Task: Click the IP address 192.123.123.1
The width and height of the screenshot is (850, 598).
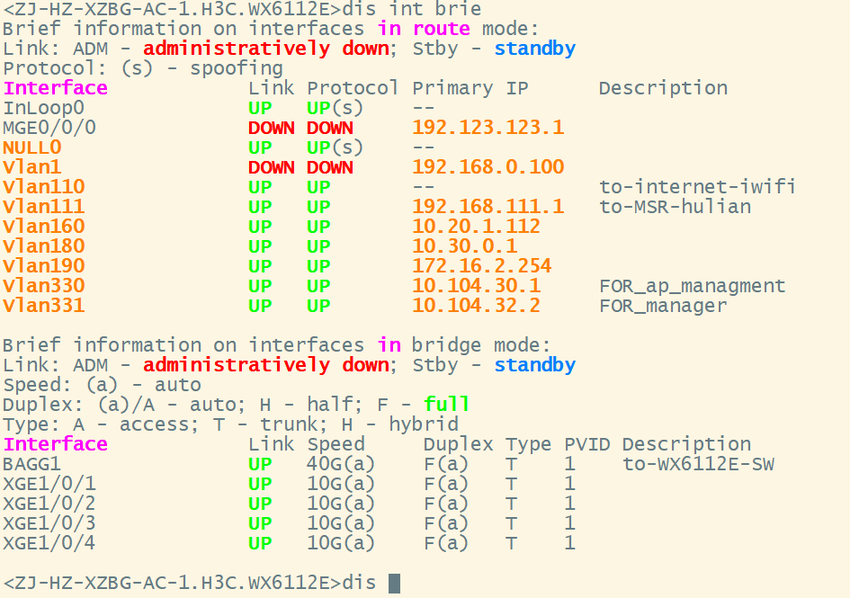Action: pyautogui.click(x=488, y=128)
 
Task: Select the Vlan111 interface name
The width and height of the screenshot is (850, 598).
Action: pyautogui.click(x=43, y=207)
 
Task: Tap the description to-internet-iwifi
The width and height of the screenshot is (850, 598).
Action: pyautogui.click(x=697, y=187)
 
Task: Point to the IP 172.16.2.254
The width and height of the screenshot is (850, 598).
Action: pyautogui.click(x=481, y=266)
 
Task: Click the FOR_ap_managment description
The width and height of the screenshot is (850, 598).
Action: pyautogui.click(x=692, y=286)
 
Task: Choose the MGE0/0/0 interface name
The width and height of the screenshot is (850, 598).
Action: pyautogui.click(x=49, y=128)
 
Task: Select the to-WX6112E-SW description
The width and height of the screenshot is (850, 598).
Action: pyautogui.click(x=698, y=464)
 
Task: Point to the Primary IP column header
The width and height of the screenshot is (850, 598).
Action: pyautogui.click(x=470, y=88)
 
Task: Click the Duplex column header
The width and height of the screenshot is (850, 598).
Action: pyautogui.click(x=458, y=444)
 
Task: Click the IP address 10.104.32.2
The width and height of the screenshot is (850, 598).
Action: pyautogui.click(x=476, y=306)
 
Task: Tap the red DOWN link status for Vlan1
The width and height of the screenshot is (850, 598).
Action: pyautogui.click(x=271, y=167)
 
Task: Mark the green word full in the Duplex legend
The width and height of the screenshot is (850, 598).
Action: pyautogui.click(x=447, y=405)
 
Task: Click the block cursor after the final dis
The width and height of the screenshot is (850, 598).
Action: pyautogui.click(x=394, y=583)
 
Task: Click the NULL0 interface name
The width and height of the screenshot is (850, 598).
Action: pyautogui.click(x=32, y=147)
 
